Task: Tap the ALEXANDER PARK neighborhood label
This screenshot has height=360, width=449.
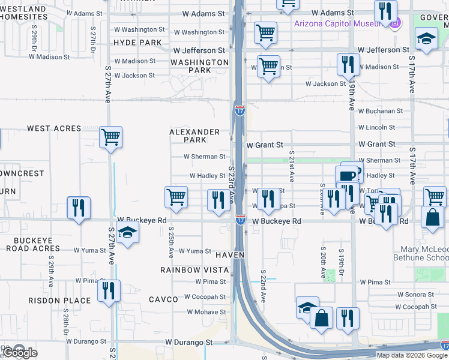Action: (194, 136)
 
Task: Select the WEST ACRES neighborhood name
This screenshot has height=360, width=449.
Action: (54, 128)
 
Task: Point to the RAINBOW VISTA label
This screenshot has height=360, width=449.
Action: (194, 270)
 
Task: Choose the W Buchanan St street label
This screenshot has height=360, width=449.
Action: (381, 111)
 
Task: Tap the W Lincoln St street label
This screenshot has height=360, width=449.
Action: (376, 127)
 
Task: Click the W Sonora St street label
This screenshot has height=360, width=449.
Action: (416, 295)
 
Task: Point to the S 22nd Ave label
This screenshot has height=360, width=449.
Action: (263, 285)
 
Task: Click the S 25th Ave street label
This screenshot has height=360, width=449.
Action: (172, 242)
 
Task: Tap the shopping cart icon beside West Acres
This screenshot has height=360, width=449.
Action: (111, 137)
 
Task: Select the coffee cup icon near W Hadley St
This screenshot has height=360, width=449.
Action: (347, 176)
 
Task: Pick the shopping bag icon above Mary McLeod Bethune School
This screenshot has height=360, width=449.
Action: (432, 217)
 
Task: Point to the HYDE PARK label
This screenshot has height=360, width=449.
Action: (137, 43)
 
